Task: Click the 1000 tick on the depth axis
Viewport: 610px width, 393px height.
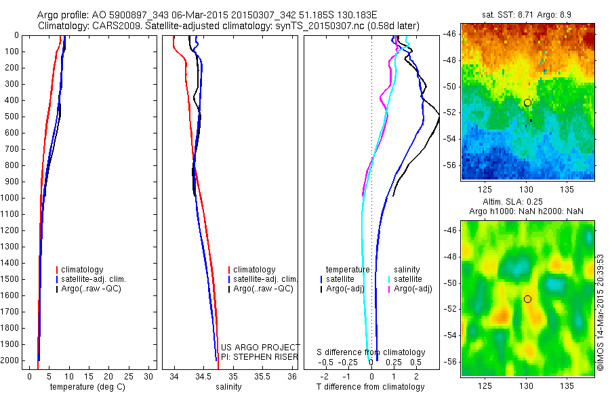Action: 13,198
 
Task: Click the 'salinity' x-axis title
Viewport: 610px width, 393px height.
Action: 228,387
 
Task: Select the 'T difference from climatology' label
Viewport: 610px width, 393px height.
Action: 371,387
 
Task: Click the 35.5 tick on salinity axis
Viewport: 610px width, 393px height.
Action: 262,375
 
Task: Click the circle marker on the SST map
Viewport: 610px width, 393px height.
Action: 527,102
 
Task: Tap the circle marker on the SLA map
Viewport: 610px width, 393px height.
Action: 527,299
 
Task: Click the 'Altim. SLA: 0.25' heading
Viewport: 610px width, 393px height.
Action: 527,203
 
